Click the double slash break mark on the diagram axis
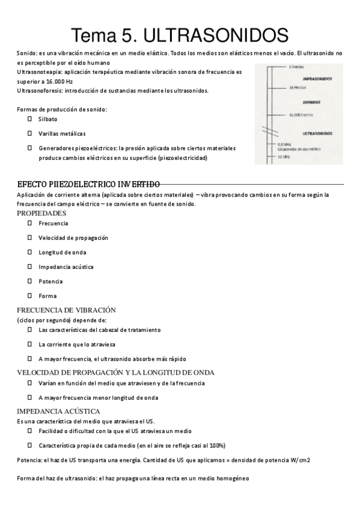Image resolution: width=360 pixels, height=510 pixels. click(x=267, y=130)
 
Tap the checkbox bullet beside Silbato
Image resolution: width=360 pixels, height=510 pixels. click(x=29, y=119)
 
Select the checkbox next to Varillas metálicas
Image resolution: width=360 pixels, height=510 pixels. click(x=29, y=133)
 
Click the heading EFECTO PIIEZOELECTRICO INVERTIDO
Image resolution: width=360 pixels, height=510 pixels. click(x=88, y=183)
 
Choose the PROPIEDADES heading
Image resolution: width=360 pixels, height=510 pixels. click(x=41, y=213)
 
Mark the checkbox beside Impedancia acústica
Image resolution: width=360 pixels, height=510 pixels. click(x=29, y=266)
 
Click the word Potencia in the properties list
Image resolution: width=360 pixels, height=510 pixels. click(x=50, y=281)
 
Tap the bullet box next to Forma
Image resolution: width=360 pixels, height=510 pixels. click(x=29, y=295)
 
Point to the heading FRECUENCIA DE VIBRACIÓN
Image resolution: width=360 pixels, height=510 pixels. click(x=66, y=310)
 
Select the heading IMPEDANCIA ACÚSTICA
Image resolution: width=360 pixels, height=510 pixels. click(x=58, y=411)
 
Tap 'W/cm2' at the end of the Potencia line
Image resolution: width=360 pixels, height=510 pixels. click(x=299, y=460)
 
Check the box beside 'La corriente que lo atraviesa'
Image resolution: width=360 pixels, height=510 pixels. click(x=29, y=345)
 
